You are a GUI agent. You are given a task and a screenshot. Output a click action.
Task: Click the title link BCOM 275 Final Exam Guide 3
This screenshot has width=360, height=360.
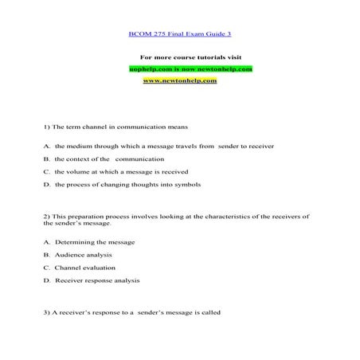[x=179, y=36]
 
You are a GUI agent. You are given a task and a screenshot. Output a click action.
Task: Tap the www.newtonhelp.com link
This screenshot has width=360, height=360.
[x=179, y=81]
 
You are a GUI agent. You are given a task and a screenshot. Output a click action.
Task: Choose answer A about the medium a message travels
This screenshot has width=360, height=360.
[x=151, y=147]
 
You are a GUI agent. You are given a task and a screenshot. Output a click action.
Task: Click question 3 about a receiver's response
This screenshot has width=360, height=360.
[x=131, y=311]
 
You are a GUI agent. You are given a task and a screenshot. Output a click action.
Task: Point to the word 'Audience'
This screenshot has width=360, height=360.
[x=68, y=254]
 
